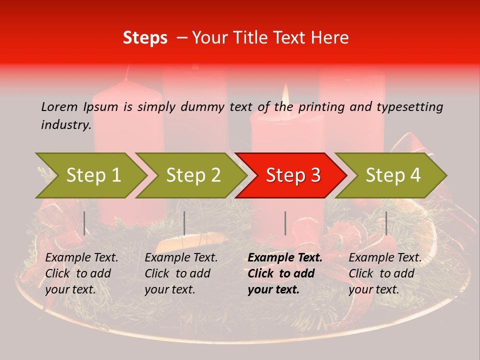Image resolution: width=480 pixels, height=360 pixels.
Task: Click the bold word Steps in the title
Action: point(145,38)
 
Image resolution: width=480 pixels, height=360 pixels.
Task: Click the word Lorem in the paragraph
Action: point(59,106)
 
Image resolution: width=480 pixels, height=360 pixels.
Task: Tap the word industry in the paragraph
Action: point(66,125)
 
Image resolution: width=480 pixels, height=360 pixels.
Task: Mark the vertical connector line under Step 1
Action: point(84,223)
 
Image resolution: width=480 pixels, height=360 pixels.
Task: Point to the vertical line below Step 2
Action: point(184,223)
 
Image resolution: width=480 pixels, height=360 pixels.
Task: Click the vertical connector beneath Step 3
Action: point(285,223)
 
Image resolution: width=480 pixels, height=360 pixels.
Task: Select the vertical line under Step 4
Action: point(386,223)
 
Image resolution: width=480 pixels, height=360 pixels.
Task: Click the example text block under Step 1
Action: point(81,273)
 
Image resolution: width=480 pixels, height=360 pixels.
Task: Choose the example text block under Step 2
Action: point(181,273)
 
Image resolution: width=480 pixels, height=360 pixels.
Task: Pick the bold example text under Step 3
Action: point(284,273)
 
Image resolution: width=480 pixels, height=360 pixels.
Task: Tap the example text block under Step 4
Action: point(384,273)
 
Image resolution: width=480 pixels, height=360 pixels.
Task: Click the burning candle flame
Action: point(286,96)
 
